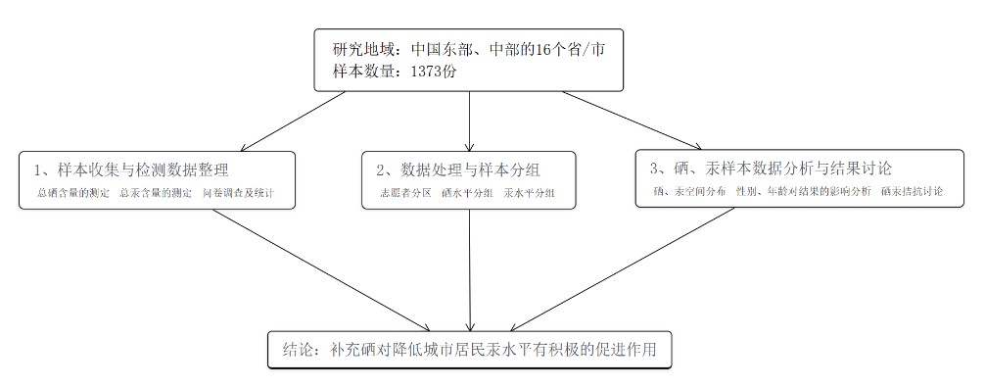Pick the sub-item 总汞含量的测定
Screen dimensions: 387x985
[156, 194]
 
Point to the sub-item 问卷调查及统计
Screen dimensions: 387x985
[238, 194]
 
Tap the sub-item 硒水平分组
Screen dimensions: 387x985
[467, 194]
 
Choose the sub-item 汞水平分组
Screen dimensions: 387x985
[530, 194]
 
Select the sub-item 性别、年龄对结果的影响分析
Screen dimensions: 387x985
[803, 192]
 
